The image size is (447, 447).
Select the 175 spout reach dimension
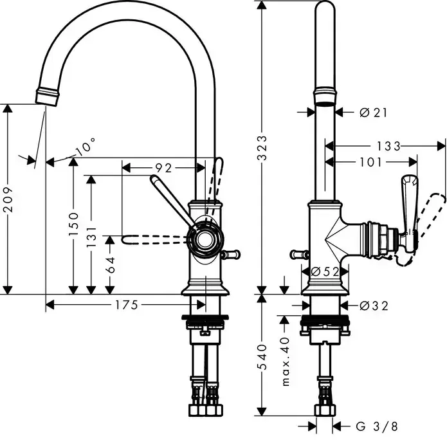point(126,306)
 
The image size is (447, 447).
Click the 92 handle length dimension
point(163,169)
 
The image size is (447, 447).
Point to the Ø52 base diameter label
point(325,272)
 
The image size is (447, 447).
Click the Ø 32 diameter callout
point(374,306)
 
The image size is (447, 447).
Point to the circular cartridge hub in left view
point(205,241)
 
